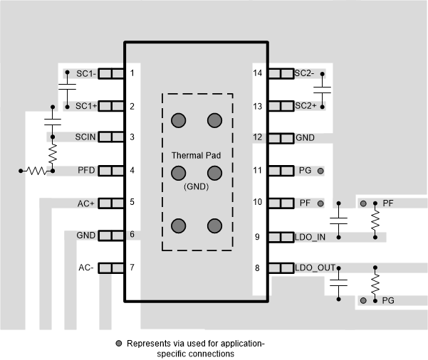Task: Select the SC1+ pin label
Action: pyautogui.click(x=86, y=107)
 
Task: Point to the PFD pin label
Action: pyautogui.click(x=87, y=170)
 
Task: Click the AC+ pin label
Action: pyautogui.click(x=86, y=203)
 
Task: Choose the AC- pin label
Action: pyautogui.click(x=86, y=268)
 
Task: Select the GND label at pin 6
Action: pyautogui.click(x=85, y=235)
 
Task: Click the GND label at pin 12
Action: pyautogui.click(x=305, y=137)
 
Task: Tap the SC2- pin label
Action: pyautogui.click(x=304, y=73)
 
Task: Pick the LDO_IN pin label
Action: pyautogui.click(x=311, y=237)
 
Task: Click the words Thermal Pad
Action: pyautogui.click(x=196, y=155)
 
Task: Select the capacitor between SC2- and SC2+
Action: pyautogui.click(x=323, y=90)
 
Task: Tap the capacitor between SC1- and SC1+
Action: pyautogui.click(x=67, y=90)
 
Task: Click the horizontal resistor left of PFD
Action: pyautogui.click(x=34, y=171)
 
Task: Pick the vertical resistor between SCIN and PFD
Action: pyautogui.click(x=52, y=152)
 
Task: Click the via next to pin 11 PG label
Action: pyautogui.click(x=320, y=171)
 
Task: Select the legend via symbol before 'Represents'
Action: pyautogui.click(x=119, y=344)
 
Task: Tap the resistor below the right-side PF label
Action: pyautogui.click(x=375, y=221)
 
